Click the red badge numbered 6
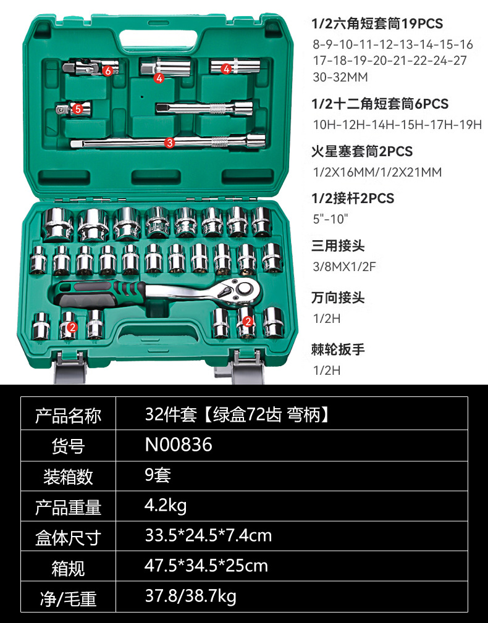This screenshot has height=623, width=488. pyautogui.click(x=108, y=70)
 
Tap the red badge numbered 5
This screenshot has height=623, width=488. pyautogui.click(x=78, y=109)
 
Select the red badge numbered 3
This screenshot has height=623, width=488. pyautogui.click(x=170, y=142)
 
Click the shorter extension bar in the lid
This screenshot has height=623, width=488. pyautogui.click(x=204, y=108)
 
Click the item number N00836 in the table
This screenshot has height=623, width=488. pyautogui.click(x=179, y=445)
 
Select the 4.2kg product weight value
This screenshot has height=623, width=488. pyautogui.click(x=165, y=506)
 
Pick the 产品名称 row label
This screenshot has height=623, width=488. pyautogui.click(x=68, y=415)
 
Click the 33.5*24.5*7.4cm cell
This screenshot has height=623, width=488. pyautogui.click(x=208, y=535)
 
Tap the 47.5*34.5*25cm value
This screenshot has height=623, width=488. pyautogui.click(x=206, y=566)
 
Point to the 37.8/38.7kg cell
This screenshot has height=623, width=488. pyautogui.click(x=190, y=596)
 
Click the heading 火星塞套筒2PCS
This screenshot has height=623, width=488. pyautogui.click(x=362, y=151)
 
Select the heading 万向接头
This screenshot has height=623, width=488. pyautogui.click(x=339, y=298)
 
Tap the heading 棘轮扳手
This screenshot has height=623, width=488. pyautogui.click(x=339, y=349)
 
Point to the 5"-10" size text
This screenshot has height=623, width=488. pyautogui.click(x=331, y=217)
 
